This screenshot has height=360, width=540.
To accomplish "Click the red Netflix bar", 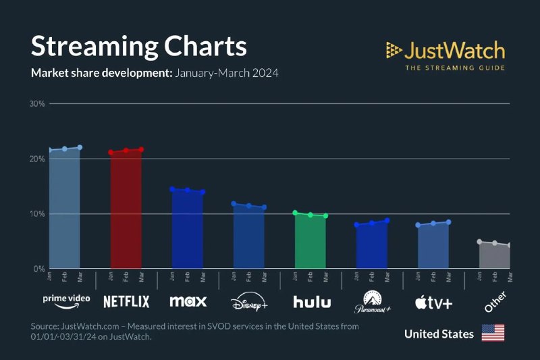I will pos(126,209).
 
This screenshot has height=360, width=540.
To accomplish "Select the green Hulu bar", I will pos(310,242).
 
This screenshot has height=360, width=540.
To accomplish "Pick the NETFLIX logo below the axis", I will pos(126,301).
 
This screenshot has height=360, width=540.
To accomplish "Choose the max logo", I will pos(188,301).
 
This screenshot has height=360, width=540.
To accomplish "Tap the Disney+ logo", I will pos(249,301).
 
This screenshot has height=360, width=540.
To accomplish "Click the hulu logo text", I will pos(311,301).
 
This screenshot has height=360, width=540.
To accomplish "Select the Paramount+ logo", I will pos(372,302).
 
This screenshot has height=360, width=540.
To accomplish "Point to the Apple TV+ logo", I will pos(433,302).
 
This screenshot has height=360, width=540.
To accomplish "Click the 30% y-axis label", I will pos(36,104).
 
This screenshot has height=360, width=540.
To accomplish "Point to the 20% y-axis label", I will pos(36,159).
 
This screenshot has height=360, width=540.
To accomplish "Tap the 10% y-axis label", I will pos(36,214).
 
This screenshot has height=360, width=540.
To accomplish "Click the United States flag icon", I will pos(493,334).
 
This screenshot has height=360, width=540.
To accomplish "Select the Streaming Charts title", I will pos(139,47).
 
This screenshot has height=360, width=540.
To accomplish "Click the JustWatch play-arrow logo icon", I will pos(394,49).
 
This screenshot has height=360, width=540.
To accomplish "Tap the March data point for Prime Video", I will pos(80,147).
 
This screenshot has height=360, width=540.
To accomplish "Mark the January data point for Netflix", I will pos(111,152).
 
